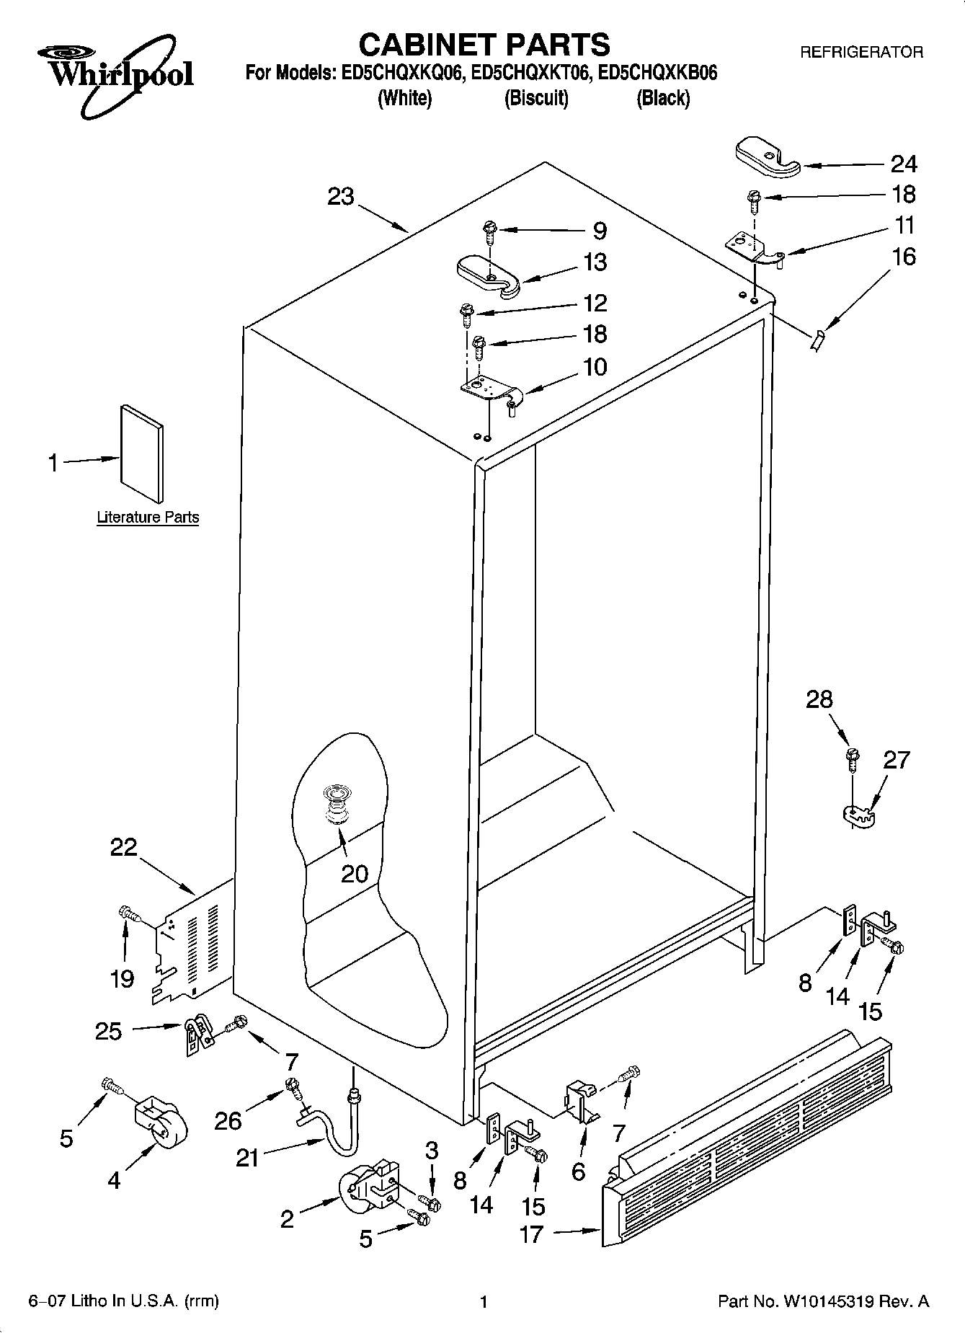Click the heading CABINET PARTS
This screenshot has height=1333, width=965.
point(484,45)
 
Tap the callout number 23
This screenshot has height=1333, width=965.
point(341,196)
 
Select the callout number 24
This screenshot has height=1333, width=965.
point(904,164)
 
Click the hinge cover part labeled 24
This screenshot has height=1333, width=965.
point(767,159)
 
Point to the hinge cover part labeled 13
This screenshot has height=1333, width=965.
point(488,276)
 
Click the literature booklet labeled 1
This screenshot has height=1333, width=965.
point(141,452)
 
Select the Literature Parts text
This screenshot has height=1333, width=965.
point(148,517)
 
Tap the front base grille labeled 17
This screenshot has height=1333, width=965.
point(746,1148)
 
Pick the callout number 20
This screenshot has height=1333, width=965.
point(355,874)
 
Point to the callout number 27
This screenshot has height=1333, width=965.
point(897,760)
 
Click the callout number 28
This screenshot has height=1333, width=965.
point(819,699)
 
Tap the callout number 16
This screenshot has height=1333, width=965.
point(904,257)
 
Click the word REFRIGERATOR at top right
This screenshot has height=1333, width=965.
point(861,52)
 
